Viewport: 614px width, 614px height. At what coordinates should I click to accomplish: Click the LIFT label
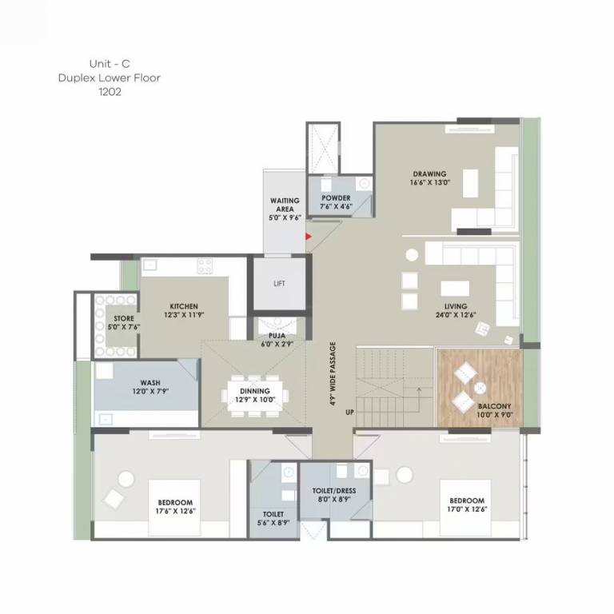pos(279,284)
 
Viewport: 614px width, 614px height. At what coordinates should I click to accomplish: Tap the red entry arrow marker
pos(309,236)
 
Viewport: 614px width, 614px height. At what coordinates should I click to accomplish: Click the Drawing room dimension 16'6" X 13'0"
pos(431,182)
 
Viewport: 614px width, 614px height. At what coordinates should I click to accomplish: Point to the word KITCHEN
pos(183,306)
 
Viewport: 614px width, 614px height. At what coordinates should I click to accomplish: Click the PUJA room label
pos(277,337)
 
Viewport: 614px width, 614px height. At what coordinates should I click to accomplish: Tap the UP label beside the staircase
pos(349,413)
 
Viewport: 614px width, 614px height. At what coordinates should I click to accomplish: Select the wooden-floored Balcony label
pos(495,406)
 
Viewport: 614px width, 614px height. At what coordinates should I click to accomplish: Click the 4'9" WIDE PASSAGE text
pos(333,377)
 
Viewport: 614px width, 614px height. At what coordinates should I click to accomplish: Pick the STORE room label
pos(123,318)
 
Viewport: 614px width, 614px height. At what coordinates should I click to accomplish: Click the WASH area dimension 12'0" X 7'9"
pos(150,391)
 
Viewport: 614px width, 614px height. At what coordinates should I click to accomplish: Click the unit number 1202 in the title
pos(111,92)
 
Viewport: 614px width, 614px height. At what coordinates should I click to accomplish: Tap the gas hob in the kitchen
pos(205,266)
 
